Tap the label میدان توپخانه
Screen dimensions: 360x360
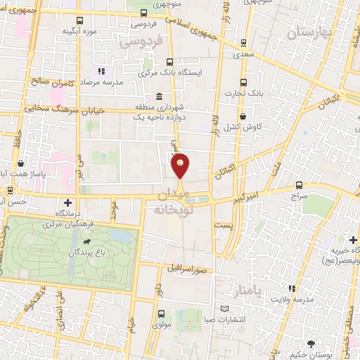point(168,201)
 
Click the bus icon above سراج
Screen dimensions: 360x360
point(300,185)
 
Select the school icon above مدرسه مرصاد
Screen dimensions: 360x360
point(101,71)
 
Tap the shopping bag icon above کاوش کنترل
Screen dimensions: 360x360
point(242,117)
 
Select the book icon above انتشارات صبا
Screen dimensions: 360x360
point(224,309)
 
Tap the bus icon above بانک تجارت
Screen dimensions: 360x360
point(243,81)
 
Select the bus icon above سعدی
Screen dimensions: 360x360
point(243,41)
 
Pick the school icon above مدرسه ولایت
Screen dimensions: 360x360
point(292,288)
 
